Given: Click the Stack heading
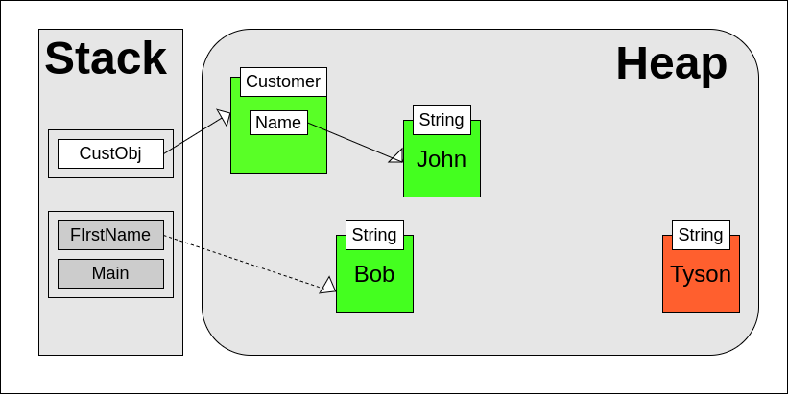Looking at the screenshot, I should tap(106, 58).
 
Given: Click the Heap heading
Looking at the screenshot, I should tap(671, 63).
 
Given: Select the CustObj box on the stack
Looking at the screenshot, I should tap(110, 153).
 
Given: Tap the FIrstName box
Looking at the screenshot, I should tap(110, 235).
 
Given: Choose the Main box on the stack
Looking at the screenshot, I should tap(110, 273).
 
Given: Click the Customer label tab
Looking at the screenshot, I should tap(283, 81).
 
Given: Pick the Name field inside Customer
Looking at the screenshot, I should tap(278, 123).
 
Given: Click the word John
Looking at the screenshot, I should tap(442, 159).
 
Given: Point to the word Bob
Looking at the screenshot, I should tap(374, 274).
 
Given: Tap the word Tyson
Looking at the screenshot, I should tap(701, 274).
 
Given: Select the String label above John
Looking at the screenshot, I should tap(442, 120).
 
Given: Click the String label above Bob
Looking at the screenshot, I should tap(374, 235).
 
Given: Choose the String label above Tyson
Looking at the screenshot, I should tap(701, 235).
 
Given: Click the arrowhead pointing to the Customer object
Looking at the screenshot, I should tap(224, 117).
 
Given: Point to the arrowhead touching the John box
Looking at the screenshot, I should tap(396, 155).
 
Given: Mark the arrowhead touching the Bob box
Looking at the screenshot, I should tap(328, 285).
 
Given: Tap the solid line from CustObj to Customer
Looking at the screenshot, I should tap(192, 136).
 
